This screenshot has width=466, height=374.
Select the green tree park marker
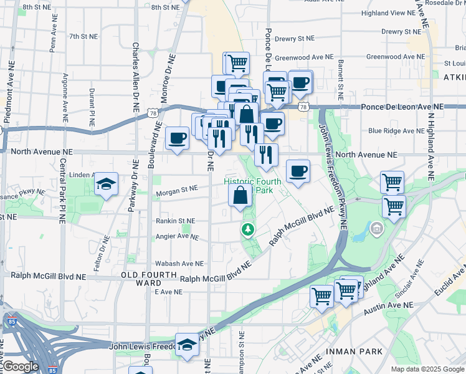[x=249, y=231]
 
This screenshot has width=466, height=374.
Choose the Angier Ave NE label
[x=178, y=236]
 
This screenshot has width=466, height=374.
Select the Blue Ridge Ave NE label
[x=396, y=131]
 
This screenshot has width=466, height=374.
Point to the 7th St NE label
[x=83, y=36]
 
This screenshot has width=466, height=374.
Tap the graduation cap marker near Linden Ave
[x=106, y=184]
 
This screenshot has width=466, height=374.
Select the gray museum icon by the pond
[x=376, y=230]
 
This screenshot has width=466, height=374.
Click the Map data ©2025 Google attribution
[x=427, y=369]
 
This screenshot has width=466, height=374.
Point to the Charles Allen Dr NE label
[x=135, y=76]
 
